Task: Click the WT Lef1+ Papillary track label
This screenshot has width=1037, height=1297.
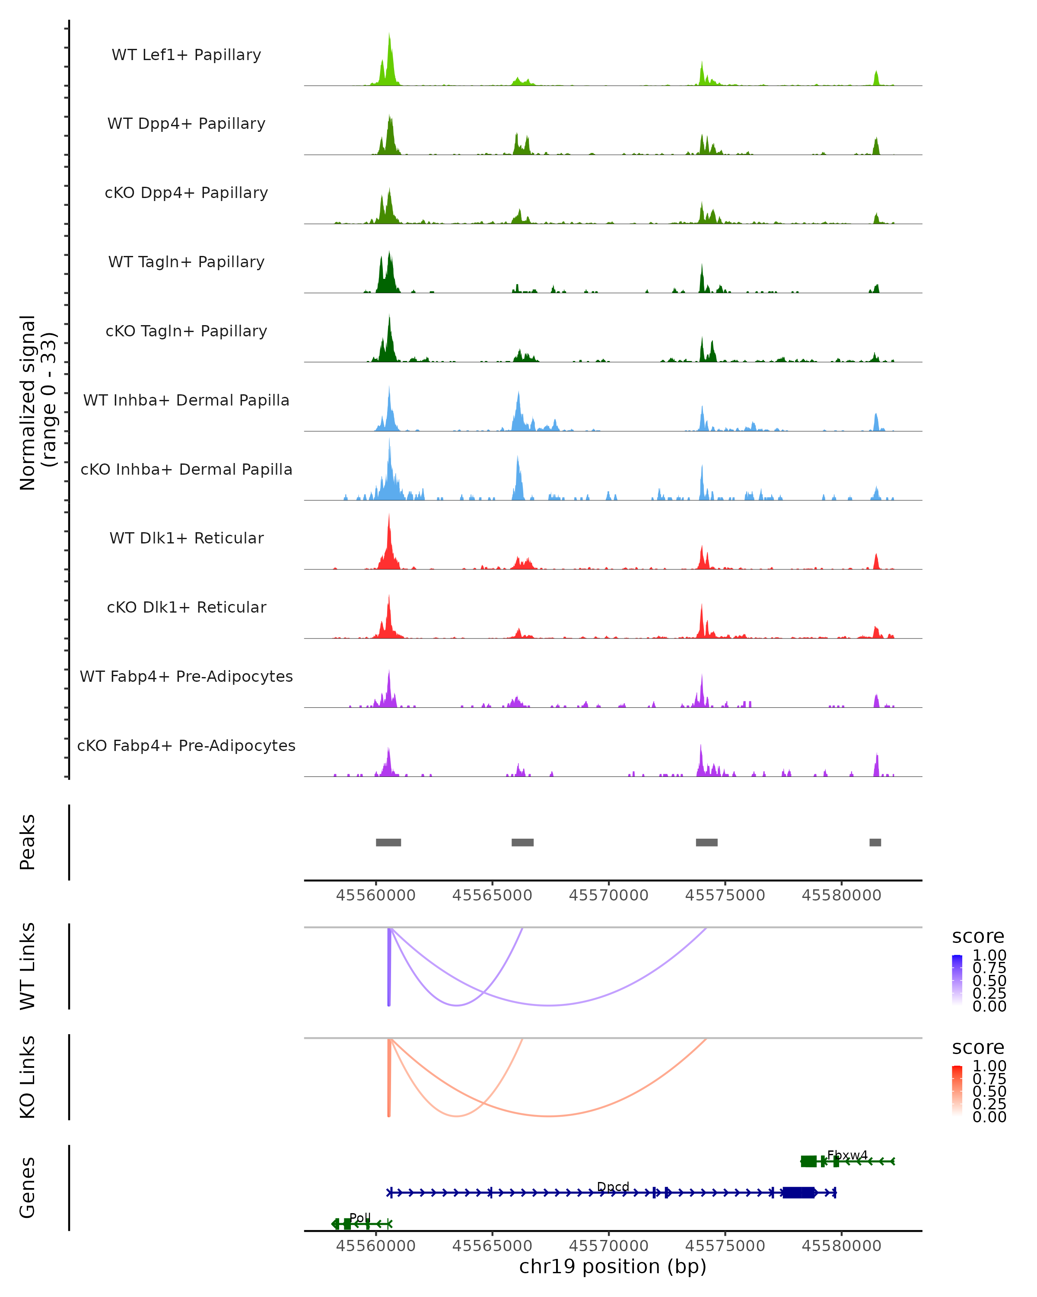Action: point(186,55)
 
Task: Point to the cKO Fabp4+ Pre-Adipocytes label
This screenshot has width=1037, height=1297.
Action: point(186,745)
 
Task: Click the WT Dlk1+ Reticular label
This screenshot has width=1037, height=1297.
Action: point(186,538)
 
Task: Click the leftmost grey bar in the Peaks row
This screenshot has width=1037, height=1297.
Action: point(388,842)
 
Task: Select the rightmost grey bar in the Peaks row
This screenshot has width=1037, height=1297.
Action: point(875,842)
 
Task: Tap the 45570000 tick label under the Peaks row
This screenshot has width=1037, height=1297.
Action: point(608,895)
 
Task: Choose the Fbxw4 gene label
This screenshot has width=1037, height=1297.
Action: point(847,1155)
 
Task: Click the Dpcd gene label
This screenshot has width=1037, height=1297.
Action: point(613,1186)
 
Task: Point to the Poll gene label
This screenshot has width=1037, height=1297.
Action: point(360,1217)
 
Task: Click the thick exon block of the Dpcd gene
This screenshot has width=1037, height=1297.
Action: point(798,1192)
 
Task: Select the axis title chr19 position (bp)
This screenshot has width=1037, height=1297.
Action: point(613,1266)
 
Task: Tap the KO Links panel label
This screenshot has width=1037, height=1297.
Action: point(28,1077)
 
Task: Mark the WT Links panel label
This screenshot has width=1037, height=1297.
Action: point(28,966)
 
